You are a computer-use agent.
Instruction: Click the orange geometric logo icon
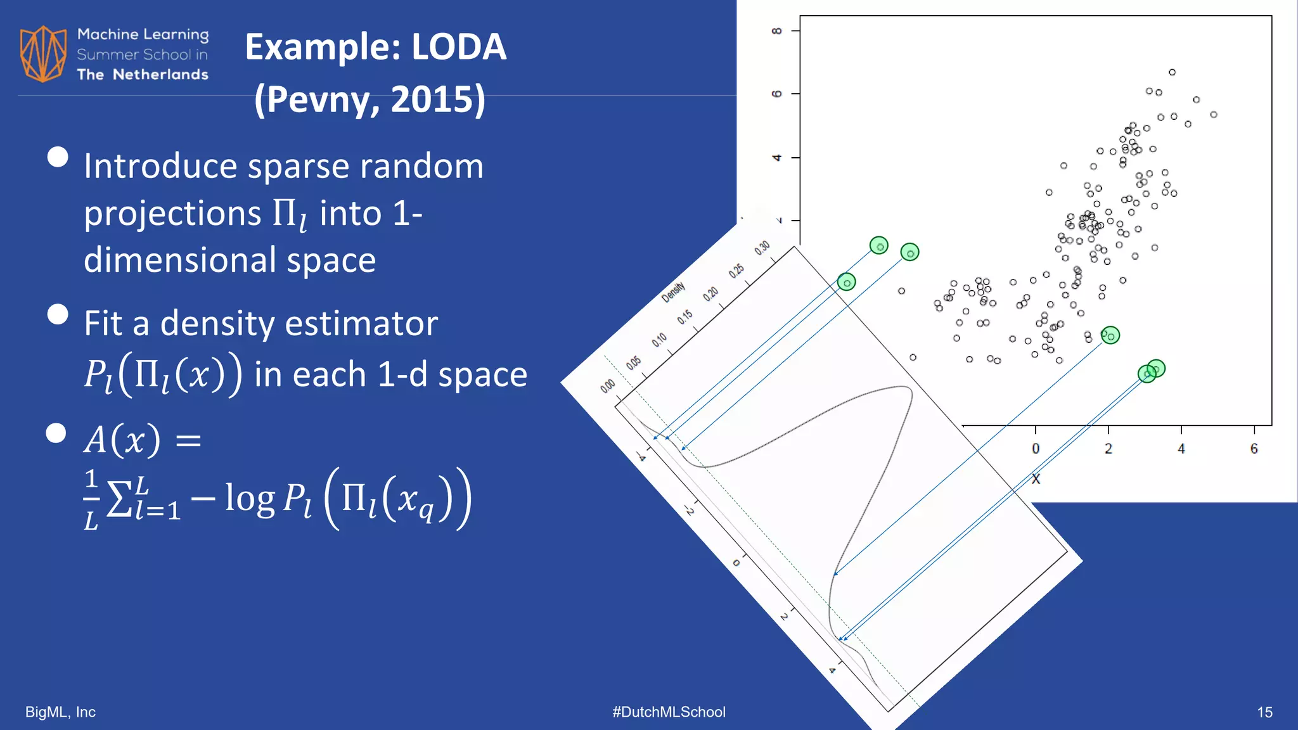pos(43,54)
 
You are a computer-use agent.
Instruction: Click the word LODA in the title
pos(459,47)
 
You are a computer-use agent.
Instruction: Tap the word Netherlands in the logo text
pos(160,75)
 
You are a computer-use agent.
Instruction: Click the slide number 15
pos(1264,712)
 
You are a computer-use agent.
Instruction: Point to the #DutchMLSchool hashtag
pos(669,712)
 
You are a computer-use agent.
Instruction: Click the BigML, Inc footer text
pos(60,712)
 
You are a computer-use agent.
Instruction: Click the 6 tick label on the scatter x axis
pos(1254,449)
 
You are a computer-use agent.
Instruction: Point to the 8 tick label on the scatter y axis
pos(777,30)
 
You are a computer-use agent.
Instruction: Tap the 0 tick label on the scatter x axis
pos(1036,449)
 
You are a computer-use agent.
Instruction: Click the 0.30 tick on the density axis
pos(762,247)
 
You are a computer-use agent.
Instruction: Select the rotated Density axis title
pos(673,291)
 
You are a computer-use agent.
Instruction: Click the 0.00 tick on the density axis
pos(607,385)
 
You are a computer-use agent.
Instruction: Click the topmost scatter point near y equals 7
pos(1172,72)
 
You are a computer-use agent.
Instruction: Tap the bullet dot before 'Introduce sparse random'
pos(58,157)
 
